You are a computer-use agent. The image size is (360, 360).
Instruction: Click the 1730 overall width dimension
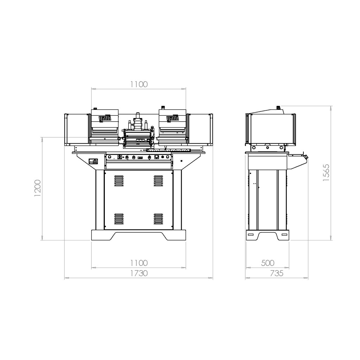tap(139, 274)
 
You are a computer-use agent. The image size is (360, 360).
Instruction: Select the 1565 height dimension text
tap(326, 172)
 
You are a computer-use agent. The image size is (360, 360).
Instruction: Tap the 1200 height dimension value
tap(37, 188)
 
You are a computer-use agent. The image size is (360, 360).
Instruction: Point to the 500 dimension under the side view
tap(268, 263)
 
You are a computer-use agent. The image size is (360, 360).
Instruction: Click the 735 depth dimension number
tap(277, 274)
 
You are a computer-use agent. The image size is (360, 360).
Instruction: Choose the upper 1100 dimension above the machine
tap(139, 84)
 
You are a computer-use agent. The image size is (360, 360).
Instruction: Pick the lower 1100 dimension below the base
tap(139, 263)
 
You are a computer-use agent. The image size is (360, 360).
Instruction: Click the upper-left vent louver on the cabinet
tap(119, 181)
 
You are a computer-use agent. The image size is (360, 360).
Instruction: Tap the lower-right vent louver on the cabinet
tap(158, 219)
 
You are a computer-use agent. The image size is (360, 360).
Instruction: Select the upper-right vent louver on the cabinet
tap(158, 181)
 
